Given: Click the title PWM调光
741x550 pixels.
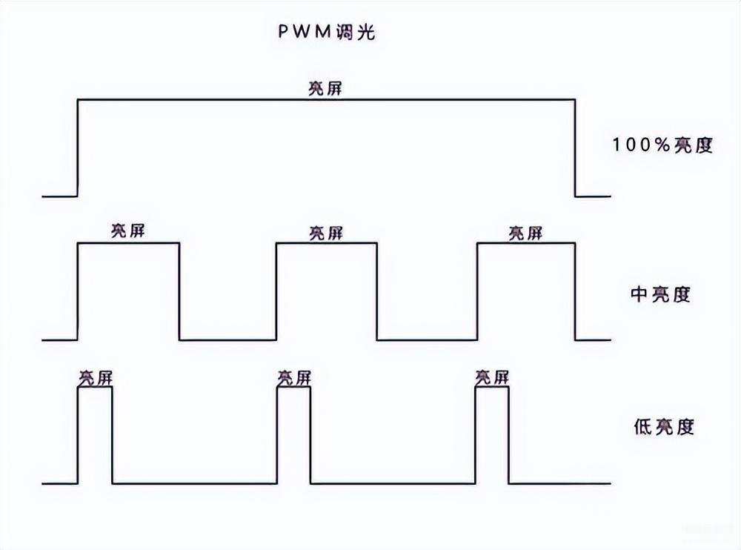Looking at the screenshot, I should [326, 33].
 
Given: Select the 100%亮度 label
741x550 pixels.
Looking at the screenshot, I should [662, 145].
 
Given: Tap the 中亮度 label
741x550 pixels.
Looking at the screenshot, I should [660, 294].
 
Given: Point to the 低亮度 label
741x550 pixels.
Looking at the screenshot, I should [664, 427].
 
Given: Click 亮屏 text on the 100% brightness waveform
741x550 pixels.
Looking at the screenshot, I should [325, 88].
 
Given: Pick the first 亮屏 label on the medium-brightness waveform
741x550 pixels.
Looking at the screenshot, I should [127, 231].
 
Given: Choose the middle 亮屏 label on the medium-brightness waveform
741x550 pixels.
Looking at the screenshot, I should [326, 233].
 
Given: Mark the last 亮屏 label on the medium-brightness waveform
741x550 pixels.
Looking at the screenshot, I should [525, 233].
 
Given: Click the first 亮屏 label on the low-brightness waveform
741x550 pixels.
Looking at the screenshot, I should [95, 378].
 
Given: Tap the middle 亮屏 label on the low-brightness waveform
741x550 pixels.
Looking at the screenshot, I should [294, 378].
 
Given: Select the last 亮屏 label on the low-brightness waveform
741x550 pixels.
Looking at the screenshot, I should [493, 378].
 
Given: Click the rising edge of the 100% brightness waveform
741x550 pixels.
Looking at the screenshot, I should [78, 148].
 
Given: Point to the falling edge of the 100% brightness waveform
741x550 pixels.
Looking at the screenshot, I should [576, 148].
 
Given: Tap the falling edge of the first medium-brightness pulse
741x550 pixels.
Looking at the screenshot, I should [179, 291].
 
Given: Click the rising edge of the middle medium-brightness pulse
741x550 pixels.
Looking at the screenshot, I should [276, 291].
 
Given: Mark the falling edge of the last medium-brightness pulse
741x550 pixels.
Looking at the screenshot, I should [576, 291].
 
